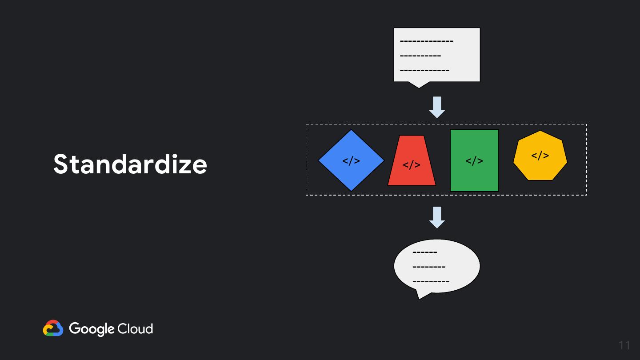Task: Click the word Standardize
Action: tap(130, 164)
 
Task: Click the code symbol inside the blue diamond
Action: tap(351, 161)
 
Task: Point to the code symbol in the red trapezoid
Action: tap(412, 165)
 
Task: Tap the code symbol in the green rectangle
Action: tap(474, 160)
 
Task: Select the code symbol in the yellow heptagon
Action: tap(540, 156)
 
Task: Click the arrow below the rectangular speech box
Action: tap(437, 107)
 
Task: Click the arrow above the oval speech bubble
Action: tap(437, 217)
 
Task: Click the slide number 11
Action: tap(624, 345)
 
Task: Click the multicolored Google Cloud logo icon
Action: tap(53, 328)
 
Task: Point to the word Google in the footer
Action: tap(92, 329)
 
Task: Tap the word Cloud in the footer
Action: tap(135, 329)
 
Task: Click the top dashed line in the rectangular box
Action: tap(427, 41)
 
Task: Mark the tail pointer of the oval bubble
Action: tap(420, 295)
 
